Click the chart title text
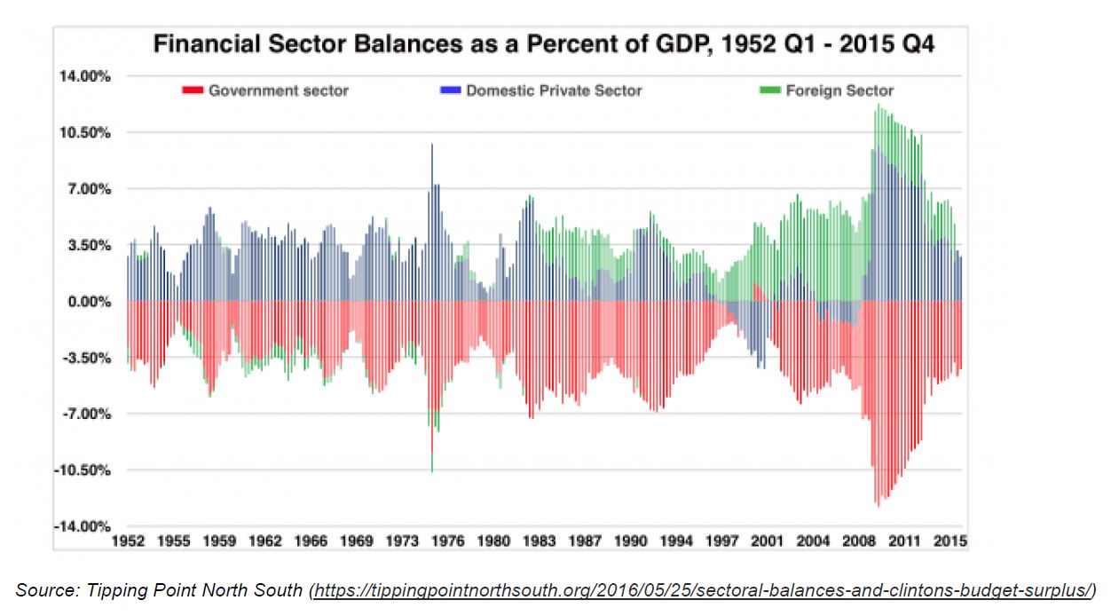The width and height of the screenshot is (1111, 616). (543, 44)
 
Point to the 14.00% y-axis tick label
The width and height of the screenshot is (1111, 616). (86, 76)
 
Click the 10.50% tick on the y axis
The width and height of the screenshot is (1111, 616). (86, 132)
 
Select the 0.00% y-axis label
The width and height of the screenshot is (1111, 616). (89, 302)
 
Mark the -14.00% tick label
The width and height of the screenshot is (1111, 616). (84, 526)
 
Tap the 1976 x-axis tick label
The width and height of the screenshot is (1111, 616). (449, 541)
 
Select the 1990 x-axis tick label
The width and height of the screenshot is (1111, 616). (631, 541)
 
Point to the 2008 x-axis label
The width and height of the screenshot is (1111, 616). (858, 541)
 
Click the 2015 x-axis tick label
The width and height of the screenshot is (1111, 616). (949, 541)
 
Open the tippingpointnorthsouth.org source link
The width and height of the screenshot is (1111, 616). (702, 589)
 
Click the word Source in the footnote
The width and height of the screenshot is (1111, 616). (41, 589)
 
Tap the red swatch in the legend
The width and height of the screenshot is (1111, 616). (193, 91)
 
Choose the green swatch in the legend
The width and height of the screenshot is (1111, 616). (768, 91)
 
